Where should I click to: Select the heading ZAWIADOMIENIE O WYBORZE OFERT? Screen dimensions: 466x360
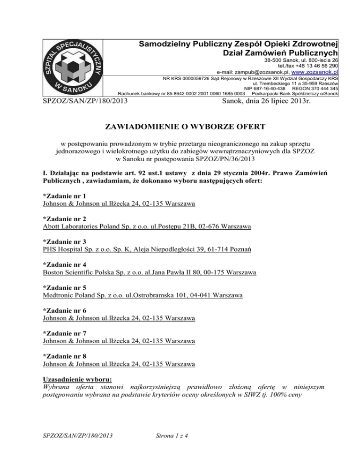tap(180, 126)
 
